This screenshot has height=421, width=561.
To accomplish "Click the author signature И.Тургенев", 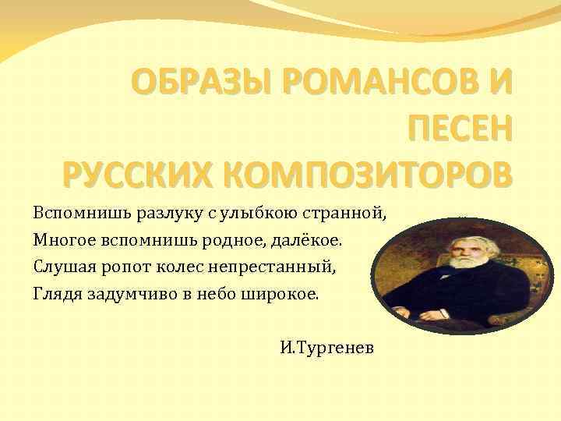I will click(327, 346).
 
